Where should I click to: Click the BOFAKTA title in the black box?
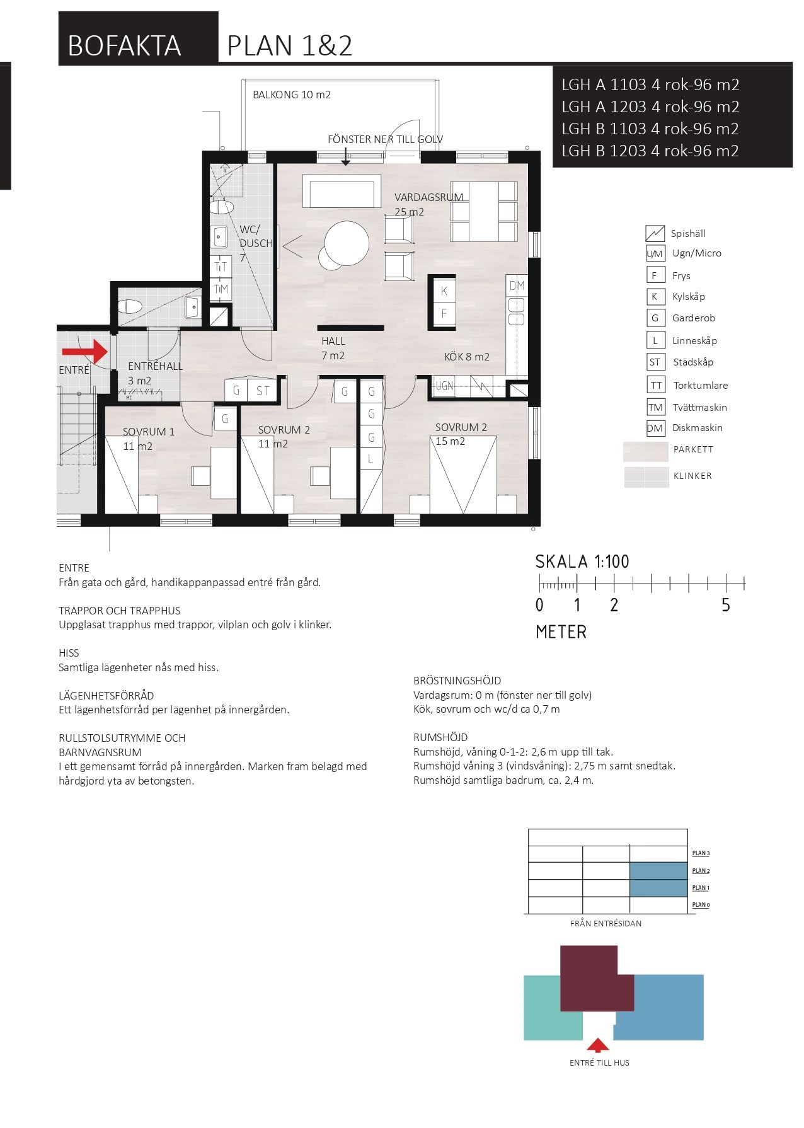[x=124, y=46]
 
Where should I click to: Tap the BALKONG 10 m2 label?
[x=291, y=95]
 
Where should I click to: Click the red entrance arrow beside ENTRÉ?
[x=85, y=351]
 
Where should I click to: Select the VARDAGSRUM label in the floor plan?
[x=428, y=197]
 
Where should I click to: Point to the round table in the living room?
[x=347, y=243]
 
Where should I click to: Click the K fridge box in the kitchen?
[x=444, y=291]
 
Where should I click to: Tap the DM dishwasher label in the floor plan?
[x=517, y=285]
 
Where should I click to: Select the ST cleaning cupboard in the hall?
[x=263, y=391]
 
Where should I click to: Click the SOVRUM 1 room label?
[x=149, y=432]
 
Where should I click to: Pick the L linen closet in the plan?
[x=371, y=459]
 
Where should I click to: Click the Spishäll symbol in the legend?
[x=655, y=233]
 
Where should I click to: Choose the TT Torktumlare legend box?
[x=656, y=385]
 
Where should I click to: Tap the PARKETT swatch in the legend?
[x=645, y=451]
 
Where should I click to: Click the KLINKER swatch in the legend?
[x=646, y=477]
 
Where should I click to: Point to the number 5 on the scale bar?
[x=726, y=605]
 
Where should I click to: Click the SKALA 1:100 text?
[x=582, y=561]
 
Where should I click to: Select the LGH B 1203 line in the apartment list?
[x=650, y=151]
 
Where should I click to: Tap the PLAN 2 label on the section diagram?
[x=701, y=871]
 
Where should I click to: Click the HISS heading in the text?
[x=69, y=653]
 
